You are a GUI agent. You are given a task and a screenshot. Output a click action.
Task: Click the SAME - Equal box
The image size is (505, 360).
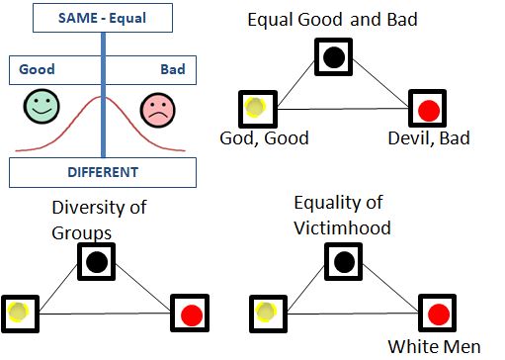[103, 18]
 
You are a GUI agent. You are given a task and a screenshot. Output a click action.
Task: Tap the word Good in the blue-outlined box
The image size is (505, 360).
[37, 69]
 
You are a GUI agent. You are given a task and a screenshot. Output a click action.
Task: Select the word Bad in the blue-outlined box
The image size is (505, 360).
[173, 69]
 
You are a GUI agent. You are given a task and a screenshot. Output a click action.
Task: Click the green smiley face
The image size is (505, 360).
[42, 106]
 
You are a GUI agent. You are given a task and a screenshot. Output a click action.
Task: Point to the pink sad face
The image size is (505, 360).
[158, 110]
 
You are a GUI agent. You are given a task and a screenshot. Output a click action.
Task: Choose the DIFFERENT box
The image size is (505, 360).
[103, 172]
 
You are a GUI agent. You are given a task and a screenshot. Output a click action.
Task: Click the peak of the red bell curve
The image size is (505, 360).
[102, 97]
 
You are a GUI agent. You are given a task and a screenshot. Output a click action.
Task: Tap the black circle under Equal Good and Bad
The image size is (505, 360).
[334, 57]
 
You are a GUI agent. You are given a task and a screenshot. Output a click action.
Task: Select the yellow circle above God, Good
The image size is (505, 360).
[255, 107]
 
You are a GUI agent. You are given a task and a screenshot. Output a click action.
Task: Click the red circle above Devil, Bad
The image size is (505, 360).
[429, 111]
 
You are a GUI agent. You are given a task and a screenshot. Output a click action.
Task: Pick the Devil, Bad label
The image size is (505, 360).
[429, 138]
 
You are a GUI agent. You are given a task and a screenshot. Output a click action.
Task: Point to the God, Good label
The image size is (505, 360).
[264, 138]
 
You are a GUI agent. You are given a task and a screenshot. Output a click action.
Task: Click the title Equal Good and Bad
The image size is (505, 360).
[332, 20]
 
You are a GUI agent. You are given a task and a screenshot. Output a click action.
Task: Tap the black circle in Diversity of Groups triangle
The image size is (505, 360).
[97, 262]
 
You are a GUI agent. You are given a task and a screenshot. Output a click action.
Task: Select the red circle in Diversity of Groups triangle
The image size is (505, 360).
[192, 315]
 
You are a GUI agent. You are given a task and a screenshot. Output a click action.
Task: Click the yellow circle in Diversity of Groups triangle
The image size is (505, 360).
[18, 312]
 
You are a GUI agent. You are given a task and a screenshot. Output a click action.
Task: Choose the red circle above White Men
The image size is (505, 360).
[439, 315]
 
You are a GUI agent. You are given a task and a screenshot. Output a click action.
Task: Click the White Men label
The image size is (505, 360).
[434, 347]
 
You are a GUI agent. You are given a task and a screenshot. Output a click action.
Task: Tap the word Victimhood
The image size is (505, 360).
[342, 228]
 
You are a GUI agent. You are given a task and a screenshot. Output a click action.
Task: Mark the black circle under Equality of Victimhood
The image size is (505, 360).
[344, 262]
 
